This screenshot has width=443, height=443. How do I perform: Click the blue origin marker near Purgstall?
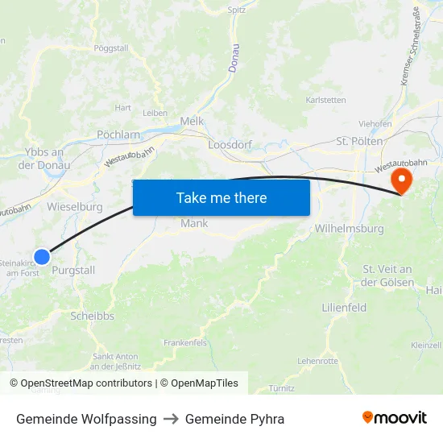coord(42,256)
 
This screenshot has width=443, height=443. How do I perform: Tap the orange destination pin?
coord(400,179)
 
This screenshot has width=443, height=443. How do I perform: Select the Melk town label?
coord(192,121)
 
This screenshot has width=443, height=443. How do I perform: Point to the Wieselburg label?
coord(75,206)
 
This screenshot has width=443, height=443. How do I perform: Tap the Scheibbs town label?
coord(92,316)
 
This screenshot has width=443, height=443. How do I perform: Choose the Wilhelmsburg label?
coord(349,228)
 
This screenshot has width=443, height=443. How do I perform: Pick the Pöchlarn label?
coord(118,135)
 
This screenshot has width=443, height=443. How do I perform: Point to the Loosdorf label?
coord(230,145)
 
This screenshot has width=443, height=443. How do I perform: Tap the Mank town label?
coord(194,223)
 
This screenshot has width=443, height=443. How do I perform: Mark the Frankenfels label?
coord(185,342)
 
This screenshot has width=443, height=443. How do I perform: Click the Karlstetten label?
coord(326,100)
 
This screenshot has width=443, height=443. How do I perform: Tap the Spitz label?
coord(236,10)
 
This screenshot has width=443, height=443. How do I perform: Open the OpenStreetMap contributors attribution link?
coord(86,383)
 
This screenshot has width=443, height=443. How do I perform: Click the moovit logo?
coord(395,418)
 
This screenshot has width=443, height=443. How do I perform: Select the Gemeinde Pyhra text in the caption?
coord(234,419)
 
